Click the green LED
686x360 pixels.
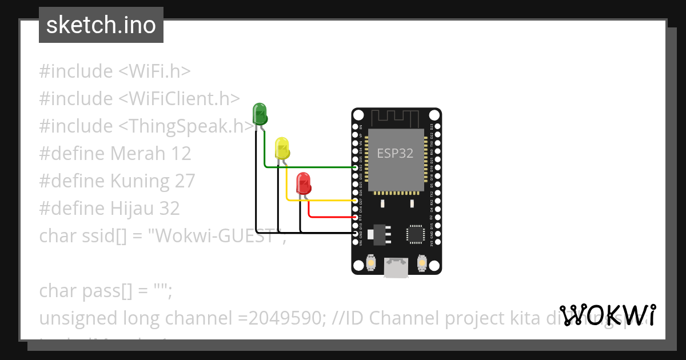tap(260, 113)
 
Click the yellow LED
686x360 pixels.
tap(282, 148)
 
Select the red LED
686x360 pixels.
tap(303, 183)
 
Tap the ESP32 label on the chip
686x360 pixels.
tap(395, 154)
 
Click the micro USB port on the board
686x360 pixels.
tap(396, 267)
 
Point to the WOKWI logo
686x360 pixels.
tap(608, 315)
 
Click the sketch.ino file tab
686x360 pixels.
tap(101, 25)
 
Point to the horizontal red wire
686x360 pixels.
tap(332, 217)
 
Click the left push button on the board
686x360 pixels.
tap(370, 263)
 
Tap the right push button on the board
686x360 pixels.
tap(422, 263)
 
